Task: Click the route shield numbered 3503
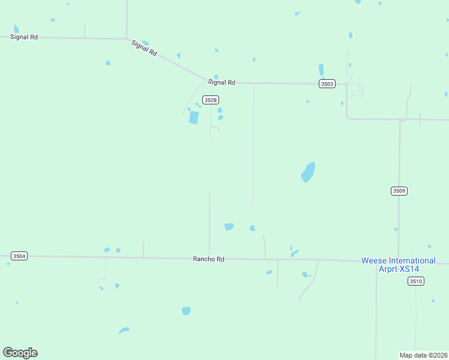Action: [327, 84]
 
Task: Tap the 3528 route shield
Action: [210, 100]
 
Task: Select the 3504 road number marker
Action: [19, 256]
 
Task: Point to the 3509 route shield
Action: [399, 191]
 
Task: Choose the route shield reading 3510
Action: [415, 281]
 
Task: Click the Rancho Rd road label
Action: [208, 259]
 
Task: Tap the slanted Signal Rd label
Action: [145, 48]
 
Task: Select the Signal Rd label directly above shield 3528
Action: [221, 82]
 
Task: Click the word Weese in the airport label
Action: [373, 260]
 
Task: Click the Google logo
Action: [20, 353]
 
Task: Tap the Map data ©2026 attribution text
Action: [423, 355]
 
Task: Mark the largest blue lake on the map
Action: [308, 172]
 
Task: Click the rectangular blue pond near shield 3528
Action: [193, 117]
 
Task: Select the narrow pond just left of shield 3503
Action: [321, 70]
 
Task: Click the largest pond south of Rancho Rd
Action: [186, 311]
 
